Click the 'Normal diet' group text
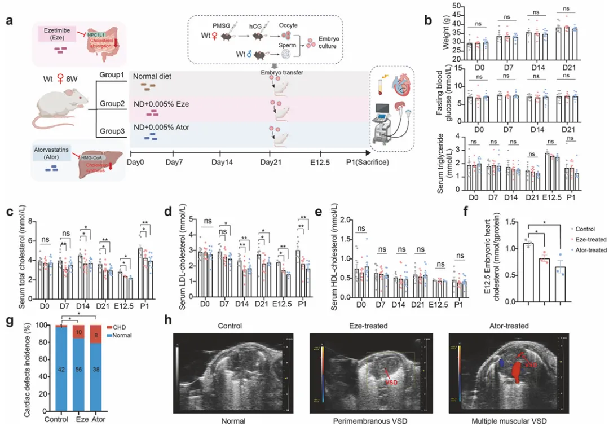(x=152, y=77)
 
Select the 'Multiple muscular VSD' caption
(x=509, y=420)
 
